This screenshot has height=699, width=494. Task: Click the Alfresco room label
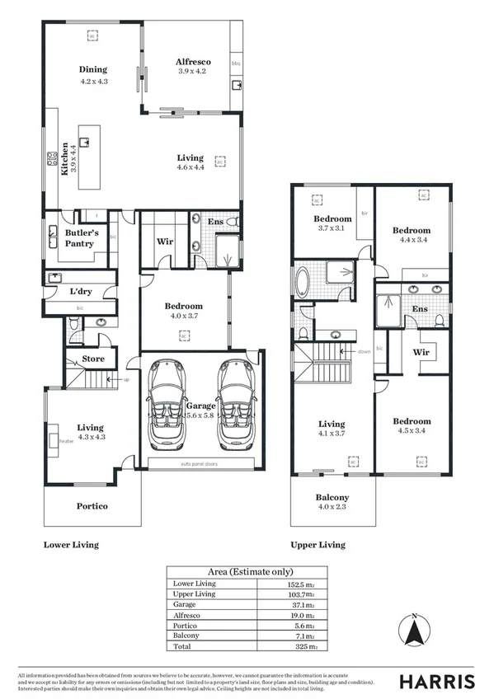tap(194, 62)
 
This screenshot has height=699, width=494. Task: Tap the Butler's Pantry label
tap(82, 238)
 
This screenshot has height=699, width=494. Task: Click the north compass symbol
tap(415, 632)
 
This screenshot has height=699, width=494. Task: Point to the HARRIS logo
tap(436, 681)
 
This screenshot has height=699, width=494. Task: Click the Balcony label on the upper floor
tap(332, 498)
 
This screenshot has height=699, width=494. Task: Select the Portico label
tap(92, 506)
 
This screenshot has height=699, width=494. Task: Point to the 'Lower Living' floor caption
tap(70, 545)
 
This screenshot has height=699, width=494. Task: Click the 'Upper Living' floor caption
tap(318, 545)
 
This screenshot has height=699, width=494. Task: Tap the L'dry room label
tap(80, 292)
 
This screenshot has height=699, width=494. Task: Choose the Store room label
tap(92, 359)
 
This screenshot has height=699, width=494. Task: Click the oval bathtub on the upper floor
tap(303, 282)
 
